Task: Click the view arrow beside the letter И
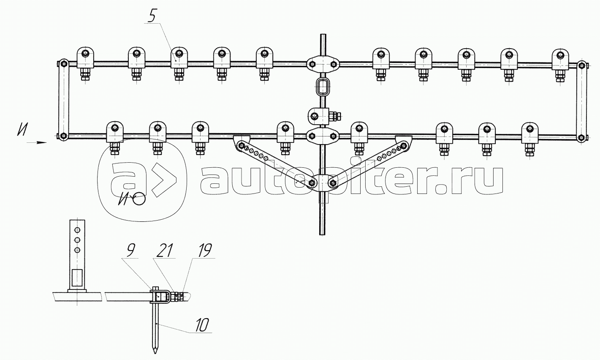36,143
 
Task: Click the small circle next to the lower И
138,199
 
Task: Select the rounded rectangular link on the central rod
323,87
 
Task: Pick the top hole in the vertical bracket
77,230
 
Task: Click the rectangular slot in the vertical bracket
77,277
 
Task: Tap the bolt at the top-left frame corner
63,64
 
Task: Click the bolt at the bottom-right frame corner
582,137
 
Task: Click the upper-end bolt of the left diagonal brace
241,147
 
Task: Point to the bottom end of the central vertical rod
323,233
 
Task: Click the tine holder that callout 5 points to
179,59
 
